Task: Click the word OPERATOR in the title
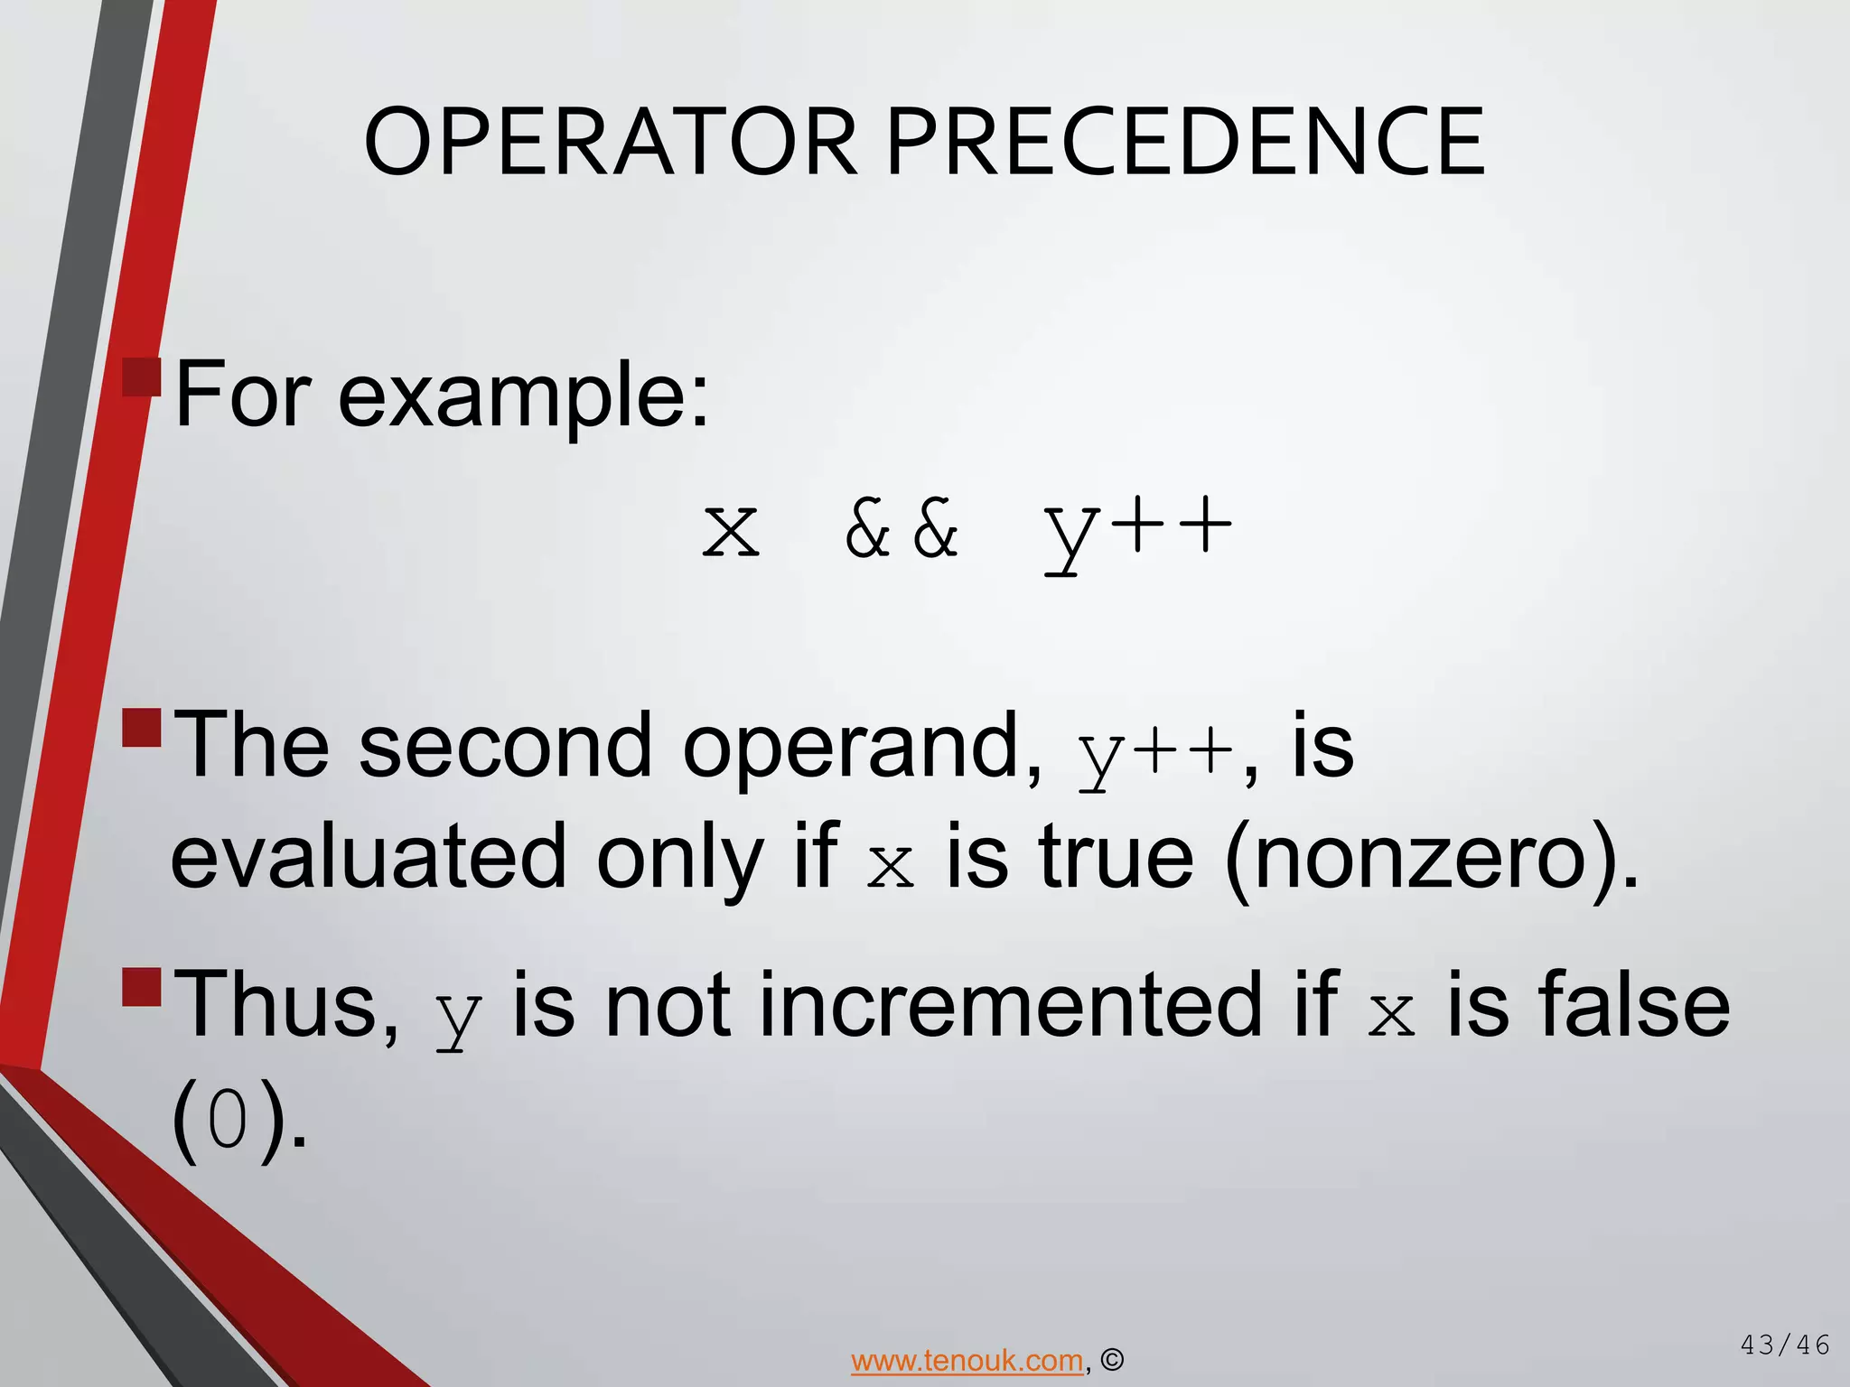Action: pos(610,143)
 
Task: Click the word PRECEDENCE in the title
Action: pos(1185,143)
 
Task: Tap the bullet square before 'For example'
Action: pos(142,377)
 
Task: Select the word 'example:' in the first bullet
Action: pos(524,396)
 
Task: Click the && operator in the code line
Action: pos(902,530)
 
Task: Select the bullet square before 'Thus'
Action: pos(142,987)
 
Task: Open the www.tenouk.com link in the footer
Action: pos(967,1360)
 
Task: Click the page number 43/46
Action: pos(1784,1345)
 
